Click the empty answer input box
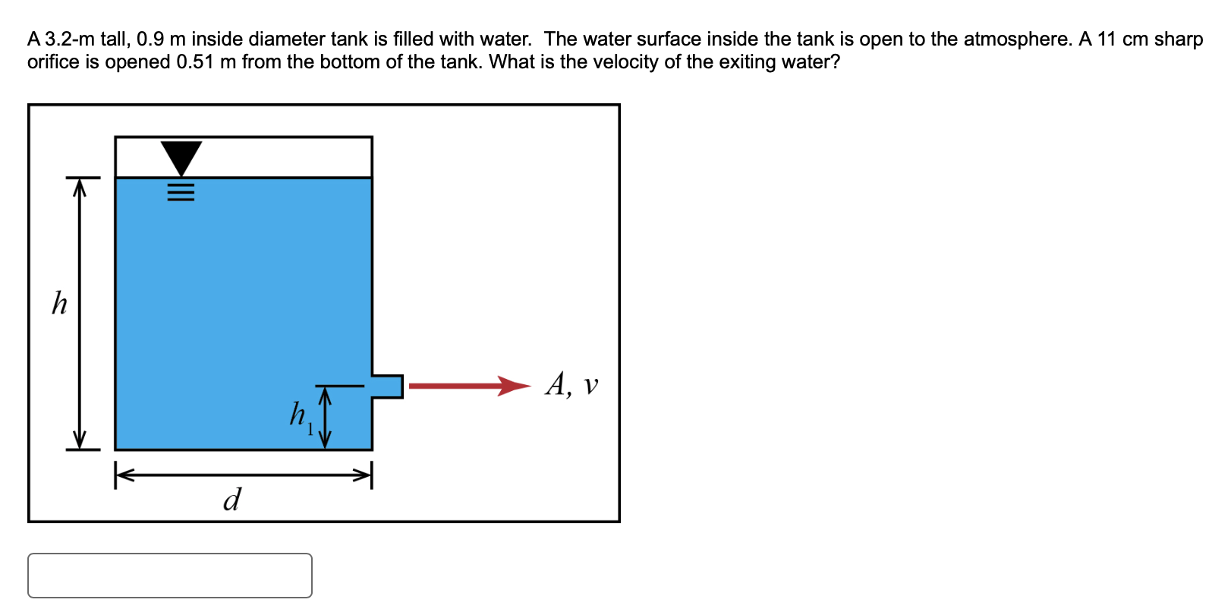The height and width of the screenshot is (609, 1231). [170, 575]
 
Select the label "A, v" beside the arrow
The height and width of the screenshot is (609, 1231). [571, 384]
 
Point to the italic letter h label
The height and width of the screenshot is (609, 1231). [59, 303]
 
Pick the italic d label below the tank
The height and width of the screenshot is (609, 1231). [232, 500]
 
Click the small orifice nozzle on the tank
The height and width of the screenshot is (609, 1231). [388, 386]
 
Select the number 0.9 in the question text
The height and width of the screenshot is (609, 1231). [150, 39]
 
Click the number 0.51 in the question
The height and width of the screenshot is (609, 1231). [195, 62]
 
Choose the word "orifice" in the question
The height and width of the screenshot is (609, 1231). [53, 62]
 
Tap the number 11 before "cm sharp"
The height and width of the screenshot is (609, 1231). [1107, 39]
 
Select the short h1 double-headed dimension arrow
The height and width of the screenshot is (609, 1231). [326, 418]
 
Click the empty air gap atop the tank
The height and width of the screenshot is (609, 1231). [288, 157]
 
